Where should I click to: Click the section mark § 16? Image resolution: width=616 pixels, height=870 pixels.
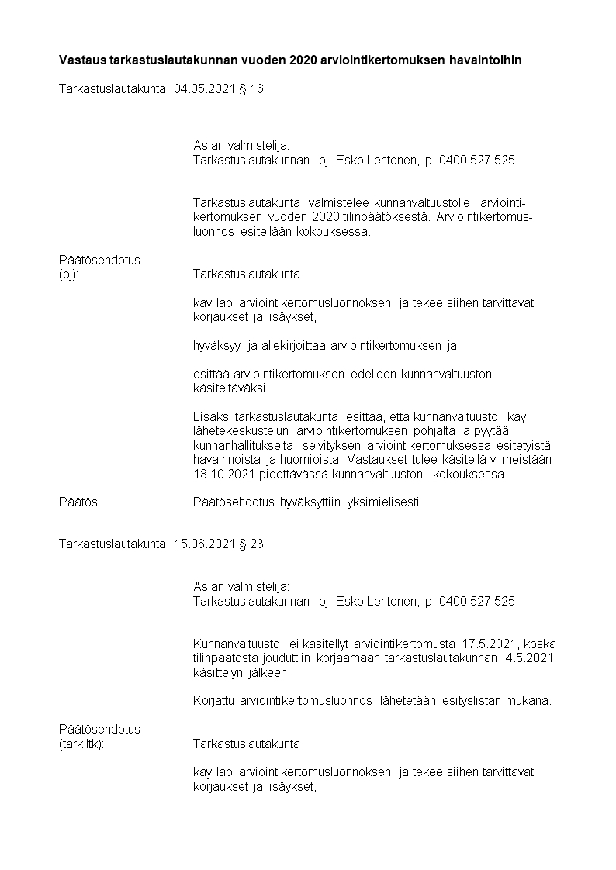(250, 89)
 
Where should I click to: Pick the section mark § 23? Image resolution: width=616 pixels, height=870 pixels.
(250, 544)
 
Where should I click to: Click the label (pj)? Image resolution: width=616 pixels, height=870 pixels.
(68, 274)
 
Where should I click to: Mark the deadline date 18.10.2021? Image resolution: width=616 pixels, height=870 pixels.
(221, 475)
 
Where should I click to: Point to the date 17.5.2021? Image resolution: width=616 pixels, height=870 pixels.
(492, 644)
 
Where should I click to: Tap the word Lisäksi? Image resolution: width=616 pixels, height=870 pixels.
(211, 417)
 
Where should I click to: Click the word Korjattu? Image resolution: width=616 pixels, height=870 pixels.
(214, 701)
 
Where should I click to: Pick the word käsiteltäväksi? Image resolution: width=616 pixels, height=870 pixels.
(230, 388)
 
